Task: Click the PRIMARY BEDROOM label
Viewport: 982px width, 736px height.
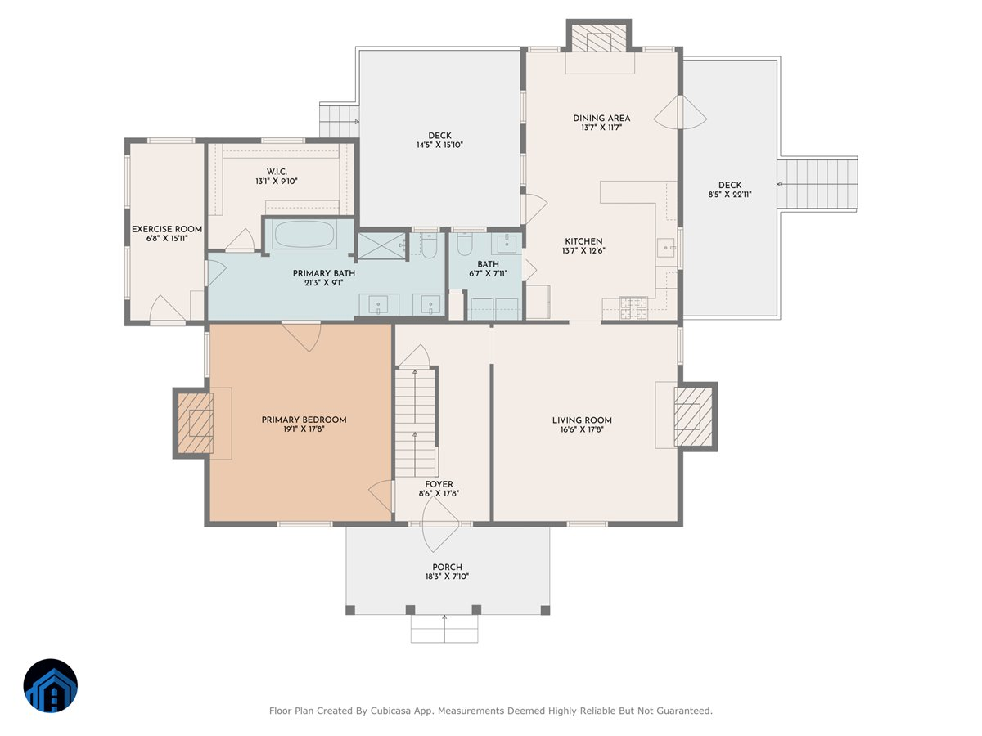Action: (304, 420)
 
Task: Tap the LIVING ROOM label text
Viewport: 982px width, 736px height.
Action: (582, 420)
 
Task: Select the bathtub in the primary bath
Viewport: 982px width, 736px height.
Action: (304, 235)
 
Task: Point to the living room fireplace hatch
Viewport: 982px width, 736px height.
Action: (693, 416)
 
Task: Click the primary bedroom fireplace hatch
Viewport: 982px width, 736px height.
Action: (195, 423)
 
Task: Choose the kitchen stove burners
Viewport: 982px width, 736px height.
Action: (633, 308)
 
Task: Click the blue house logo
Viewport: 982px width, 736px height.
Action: (51, 685)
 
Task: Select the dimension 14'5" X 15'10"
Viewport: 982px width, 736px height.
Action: (439, 145)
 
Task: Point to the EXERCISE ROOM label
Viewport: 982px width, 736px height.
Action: (167, 229)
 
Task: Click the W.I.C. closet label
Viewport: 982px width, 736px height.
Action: (277, 172)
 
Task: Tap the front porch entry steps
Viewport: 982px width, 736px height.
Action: (444, 629)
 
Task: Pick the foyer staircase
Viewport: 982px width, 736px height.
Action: (415, 422)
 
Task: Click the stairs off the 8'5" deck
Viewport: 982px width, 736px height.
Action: (817, 184)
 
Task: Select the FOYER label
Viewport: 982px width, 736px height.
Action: (439, 484)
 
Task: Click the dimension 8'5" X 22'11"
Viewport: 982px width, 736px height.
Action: (730, 195)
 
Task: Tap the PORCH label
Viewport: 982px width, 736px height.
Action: (447, 567)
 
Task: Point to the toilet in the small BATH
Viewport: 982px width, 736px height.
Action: (465, 244)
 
